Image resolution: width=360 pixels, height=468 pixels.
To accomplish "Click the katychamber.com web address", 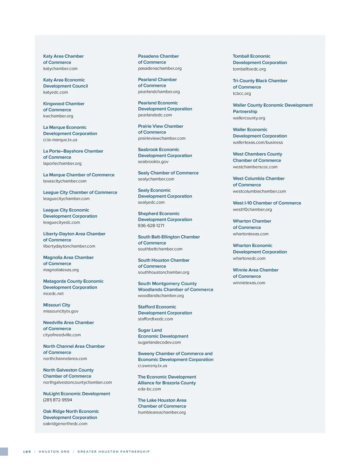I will pos(60,69).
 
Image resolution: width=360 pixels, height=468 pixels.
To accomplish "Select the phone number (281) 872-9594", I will pos(58,400).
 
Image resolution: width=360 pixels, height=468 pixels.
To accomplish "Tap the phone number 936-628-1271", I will pos(151,226).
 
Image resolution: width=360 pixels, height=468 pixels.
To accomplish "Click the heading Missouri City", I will pos(57,305).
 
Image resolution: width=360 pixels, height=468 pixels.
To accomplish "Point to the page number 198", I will pos(27,452).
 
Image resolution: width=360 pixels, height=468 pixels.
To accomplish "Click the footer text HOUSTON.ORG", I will pos(54,452).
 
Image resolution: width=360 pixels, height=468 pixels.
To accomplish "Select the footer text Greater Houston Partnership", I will pos(114,452).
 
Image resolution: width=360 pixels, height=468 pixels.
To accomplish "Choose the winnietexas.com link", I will pos(249,283).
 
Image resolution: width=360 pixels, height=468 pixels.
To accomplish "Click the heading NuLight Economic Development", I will pos(77,394).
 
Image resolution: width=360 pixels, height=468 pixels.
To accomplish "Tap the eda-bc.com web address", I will pos(149,389).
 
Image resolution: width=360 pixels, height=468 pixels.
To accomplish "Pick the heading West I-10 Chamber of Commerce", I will pos(267,203).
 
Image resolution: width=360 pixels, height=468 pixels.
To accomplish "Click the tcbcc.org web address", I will pos(242,94).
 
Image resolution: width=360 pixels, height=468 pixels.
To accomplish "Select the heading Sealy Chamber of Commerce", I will pos(168,173).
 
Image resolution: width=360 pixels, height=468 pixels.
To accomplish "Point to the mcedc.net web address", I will pos(53,294).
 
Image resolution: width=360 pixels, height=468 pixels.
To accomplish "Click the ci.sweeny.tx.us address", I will pos(153,366).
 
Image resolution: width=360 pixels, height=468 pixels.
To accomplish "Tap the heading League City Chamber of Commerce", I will pos(80,192).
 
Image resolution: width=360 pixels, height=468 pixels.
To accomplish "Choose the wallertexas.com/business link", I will pos(258,143).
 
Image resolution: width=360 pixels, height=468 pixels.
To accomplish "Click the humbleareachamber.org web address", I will pos(162,412).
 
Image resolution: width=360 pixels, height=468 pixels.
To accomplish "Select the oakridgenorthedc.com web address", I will pos(65,424).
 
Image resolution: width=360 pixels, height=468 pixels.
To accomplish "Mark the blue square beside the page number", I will pos(4,452).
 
